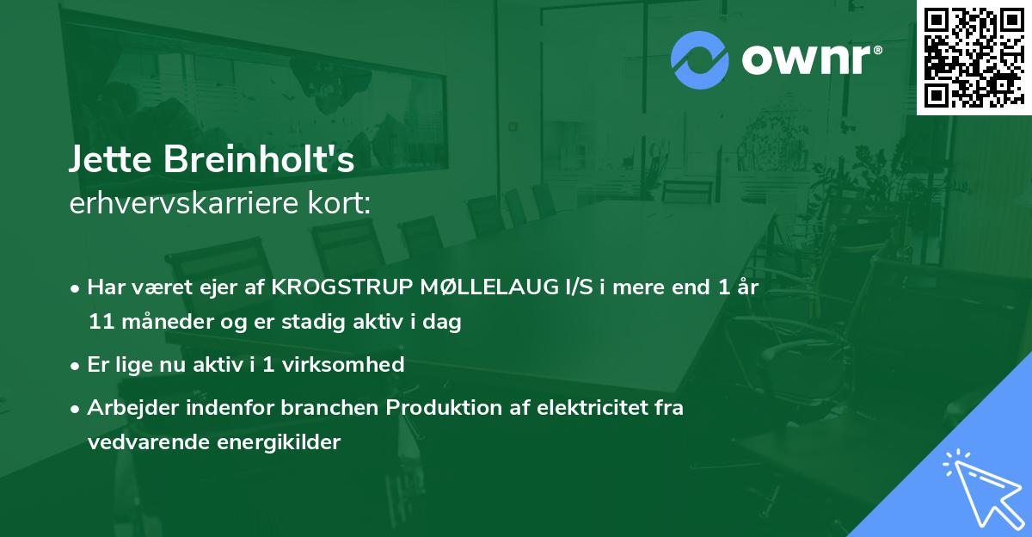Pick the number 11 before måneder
coord(99,323)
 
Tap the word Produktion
coord(438,408)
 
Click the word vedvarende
coord(139,442)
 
